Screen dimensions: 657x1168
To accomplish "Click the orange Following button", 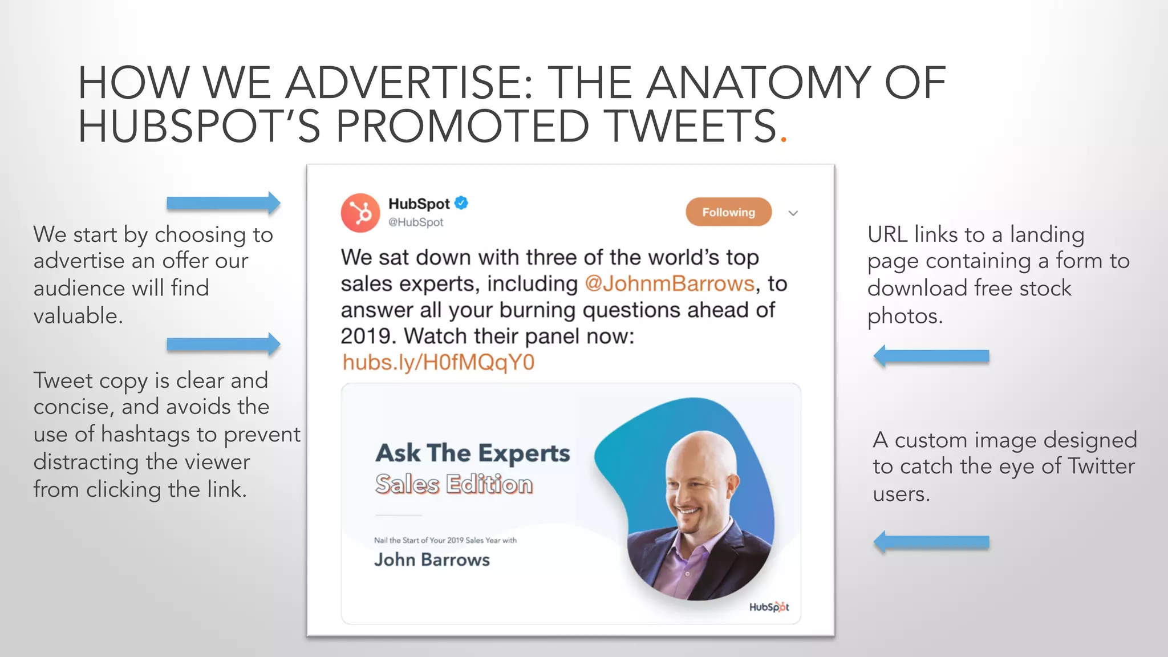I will point(728,212).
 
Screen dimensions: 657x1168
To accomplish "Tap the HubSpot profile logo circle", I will point(360,213).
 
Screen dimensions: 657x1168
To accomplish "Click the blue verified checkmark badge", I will point(461,203).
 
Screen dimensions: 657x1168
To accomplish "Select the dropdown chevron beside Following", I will point(793,213).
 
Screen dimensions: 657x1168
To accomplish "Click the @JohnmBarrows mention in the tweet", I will point(670,283).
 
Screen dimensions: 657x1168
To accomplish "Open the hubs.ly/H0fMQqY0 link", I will point(439,363).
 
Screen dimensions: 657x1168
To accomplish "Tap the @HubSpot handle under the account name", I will point(416,222).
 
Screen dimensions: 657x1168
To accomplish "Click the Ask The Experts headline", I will point(473,453).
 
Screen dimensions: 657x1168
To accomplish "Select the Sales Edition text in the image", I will point(454,484).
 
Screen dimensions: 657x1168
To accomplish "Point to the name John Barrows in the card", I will point(432,559).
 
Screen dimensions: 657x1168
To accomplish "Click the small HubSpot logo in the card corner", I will point(769,607).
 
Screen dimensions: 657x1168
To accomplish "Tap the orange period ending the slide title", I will point(784,138).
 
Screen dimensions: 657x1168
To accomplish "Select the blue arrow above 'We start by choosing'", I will point(223,202).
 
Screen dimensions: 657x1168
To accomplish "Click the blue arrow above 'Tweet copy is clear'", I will point(223,344).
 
